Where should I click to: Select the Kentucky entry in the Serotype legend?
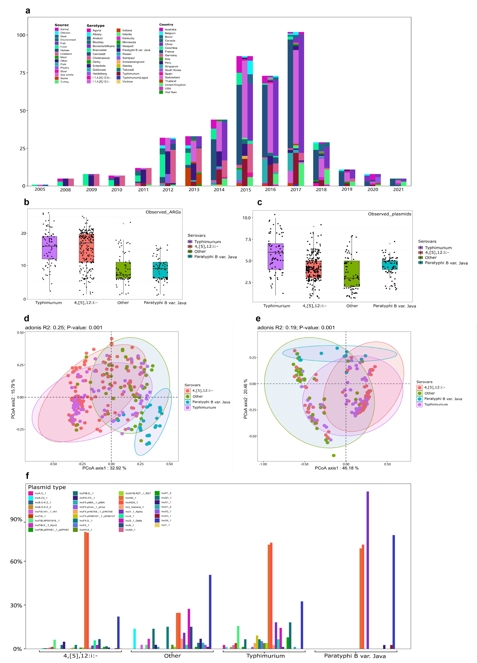tap(128, 38)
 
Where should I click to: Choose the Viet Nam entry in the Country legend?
tap(171, 92)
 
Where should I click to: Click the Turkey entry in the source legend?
tap(64, 82)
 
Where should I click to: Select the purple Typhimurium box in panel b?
tap(50, 248)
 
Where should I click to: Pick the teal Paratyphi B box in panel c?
tap(390, 265)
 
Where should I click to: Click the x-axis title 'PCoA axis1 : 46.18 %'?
tap(336, 468)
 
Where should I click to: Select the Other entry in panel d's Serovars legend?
tap(197, 396)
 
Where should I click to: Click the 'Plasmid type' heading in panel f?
tap(47, 487)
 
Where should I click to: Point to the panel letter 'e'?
tap(258, 318)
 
